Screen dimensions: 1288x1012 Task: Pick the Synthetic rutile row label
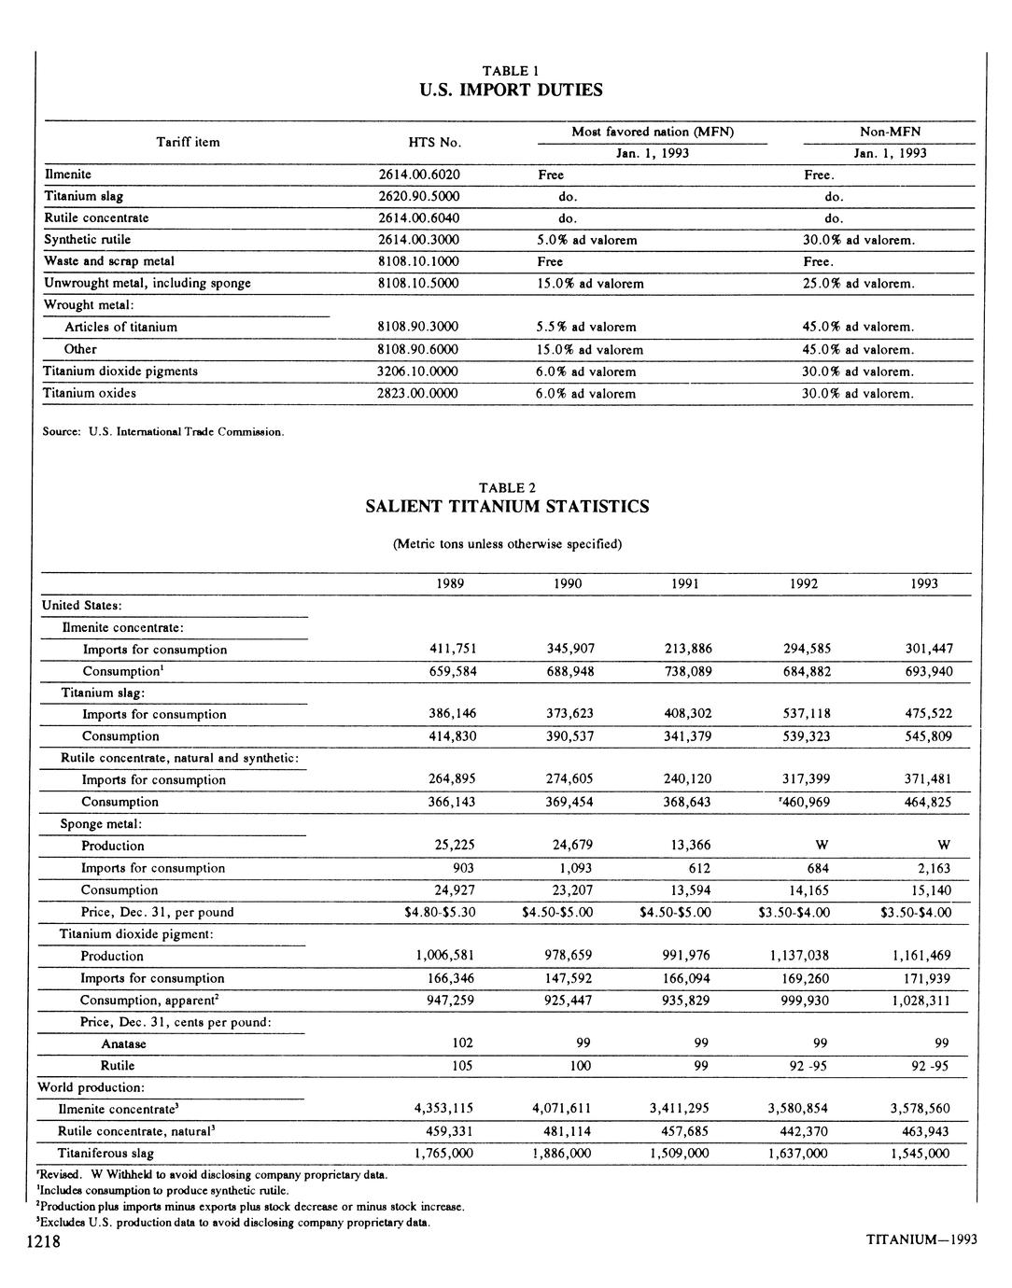click(88, 240)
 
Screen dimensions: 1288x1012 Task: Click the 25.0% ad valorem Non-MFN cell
click(858, 284)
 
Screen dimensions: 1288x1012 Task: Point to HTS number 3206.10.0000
click(417, 371)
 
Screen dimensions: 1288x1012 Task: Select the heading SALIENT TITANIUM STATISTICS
click(507, 507)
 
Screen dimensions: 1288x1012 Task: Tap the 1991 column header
click(686, 584)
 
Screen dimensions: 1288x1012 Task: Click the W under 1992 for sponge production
click(822, 846)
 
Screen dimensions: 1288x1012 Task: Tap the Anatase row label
click(123, 1043)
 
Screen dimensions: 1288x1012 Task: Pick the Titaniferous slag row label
click(105, 1154)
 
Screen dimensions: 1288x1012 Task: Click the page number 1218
click(43, 1240)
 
